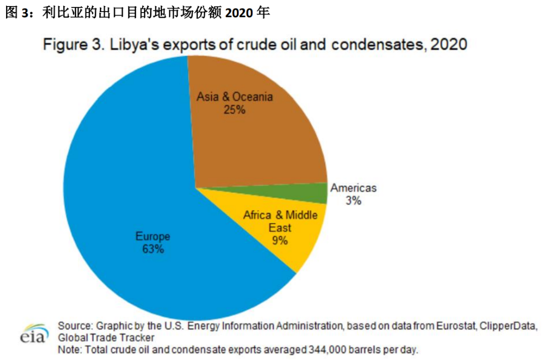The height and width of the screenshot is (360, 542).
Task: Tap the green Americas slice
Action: pyautogui.click(x=319, y=193)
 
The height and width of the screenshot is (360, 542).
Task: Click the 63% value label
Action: pyautogui.click(x=153, y=249)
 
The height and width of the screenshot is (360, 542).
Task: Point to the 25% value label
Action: pyautogui.click(x=234, y=109)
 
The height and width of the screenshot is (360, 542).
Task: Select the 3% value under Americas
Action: pyautogui.click(x=353, y=201)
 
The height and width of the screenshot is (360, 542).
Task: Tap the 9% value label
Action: pyautogui.click(x=280, y=241)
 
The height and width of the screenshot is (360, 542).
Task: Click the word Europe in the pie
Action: pyautogui.click(x=153, y=236)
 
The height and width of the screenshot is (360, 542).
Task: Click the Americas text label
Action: pyautogui.click(x=353, y=188)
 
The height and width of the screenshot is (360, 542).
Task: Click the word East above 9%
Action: pyautogui.click(x=280, y=228)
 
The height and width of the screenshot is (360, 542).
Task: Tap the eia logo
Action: pyautogui.click(x=35, y=333)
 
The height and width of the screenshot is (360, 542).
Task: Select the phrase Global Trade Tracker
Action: pyautogui.click(x=106, y=337)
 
